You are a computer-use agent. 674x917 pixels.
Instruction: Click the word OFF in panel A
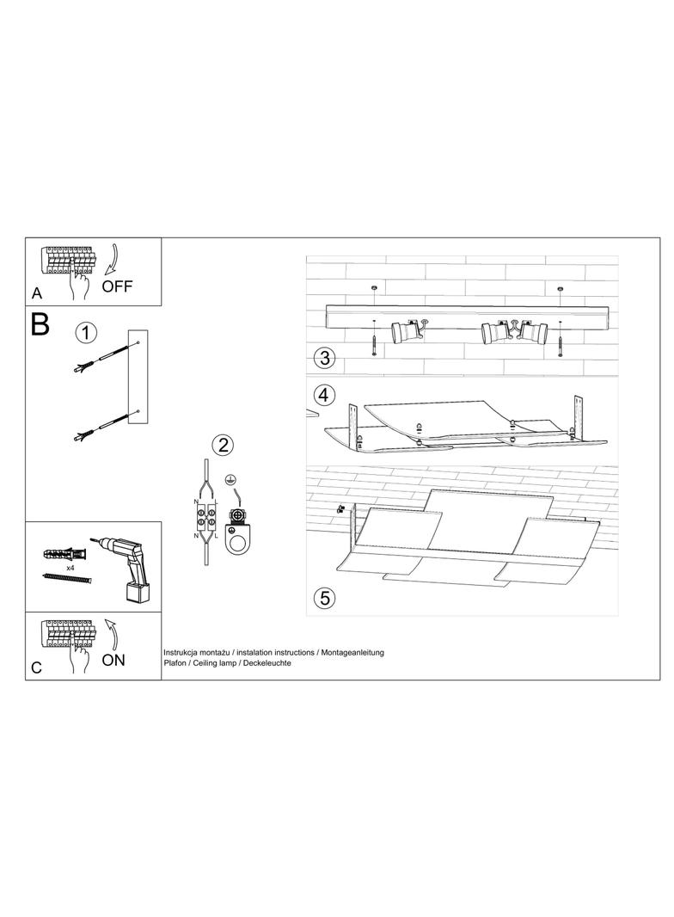pyautogui.click(x=117, y=286)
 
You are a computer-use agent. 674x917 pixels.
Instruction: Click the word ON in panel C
pyautogui.click(x=113, y=660)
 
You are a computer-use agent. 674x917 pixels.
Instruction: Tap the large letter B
pyautogui.click(x=40, y=324)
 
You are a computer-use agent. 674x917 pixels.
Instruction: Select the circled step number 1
pyautogui.click(x=86, y=334)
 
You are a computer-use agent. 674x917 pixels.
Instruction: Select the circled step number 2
pyautogui.click(x=223, y=446)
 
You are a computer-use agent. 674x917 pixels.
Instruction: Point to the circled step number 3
pyautogui.click(x=325, y=358)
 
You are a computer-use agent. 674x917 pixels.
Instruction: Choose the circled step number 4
pyautogui.click(x=324, y=396)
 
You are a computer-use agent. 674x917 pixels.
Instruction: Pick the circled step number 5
pyautogui.click(x=324, y=598)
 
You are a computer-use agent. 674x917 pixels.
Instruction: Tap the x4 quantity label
pyautogui.click(x=70, y=568)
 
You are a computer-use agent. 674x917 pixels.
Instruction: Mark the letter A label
pyautogui.click(x=37, y=295)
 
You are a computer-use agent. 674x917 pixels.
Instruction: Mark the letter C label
pyautogui.click(x=37, y=668)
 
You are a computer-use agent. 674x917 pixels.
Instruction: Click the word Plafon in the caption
pyautogui.click(x=175, y=663)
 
